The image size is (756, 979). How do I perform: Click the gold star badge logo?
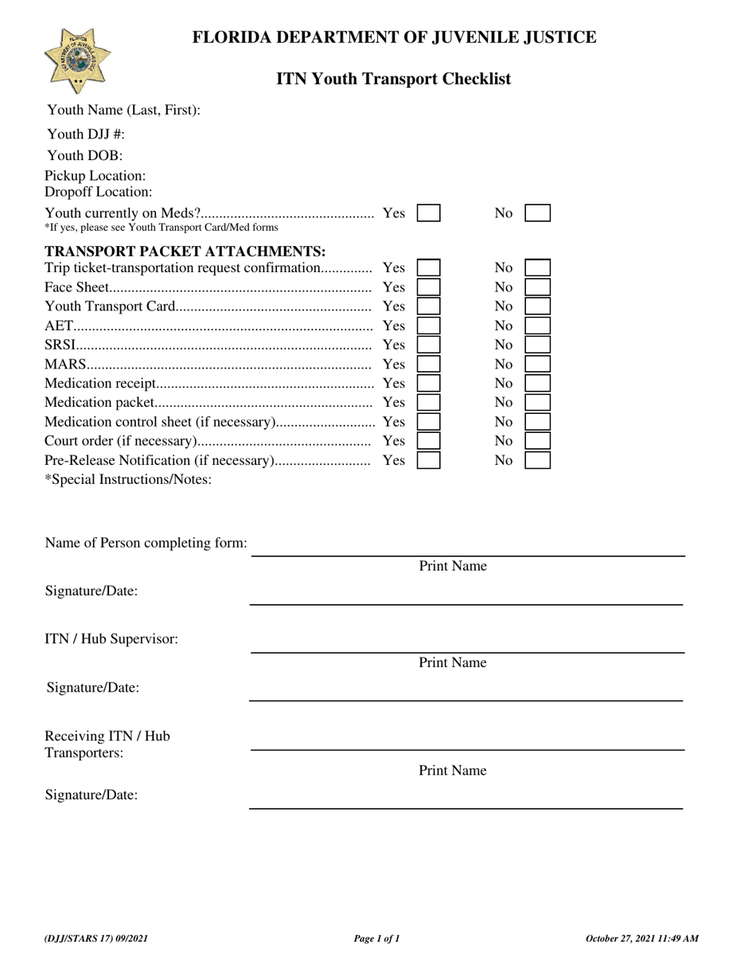point(77,60)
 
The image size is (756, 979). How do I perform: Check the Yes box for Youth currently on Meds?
point(429,213)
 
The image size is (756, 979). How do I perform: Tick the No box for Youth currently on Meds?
point(538,213)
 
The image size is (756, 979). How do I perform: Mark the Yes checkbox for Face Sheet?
point(429,287)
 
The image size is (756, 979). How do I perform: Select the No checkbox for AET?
point(538,326)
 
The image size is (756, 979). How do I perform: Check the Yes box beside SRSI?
point(429,345)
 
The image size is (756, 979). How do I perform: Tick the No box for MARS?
point(538,364)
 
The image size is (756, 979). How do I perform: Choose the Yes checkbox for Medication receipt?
point(429,384)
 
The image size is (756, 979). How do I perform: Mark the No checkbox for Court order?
point(538,441)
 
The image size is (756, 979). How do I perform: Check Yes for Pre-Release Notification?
point(429,460)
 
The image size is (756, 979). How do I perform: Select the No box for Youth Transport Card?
point(538,306)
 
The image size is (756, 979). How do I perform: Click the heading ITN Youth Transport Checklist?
point(393,79)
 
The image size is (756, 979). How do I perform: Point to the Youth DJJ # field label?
point(86,135)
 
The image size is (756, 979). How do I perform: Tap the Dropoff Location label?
point(98,192)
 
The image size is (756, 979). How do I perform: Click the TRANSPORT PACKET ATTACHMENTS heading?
point(185,252)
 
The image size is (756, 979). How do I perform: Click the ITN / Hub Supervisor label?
point(111,638)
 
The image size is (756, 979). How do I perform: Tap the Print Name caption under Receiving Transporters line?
point(453,770)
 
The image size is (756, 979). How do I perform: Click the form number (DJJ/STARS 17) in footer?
point(96,939)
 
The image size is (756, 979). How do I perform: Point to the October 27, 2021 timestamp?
point(642,939)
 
